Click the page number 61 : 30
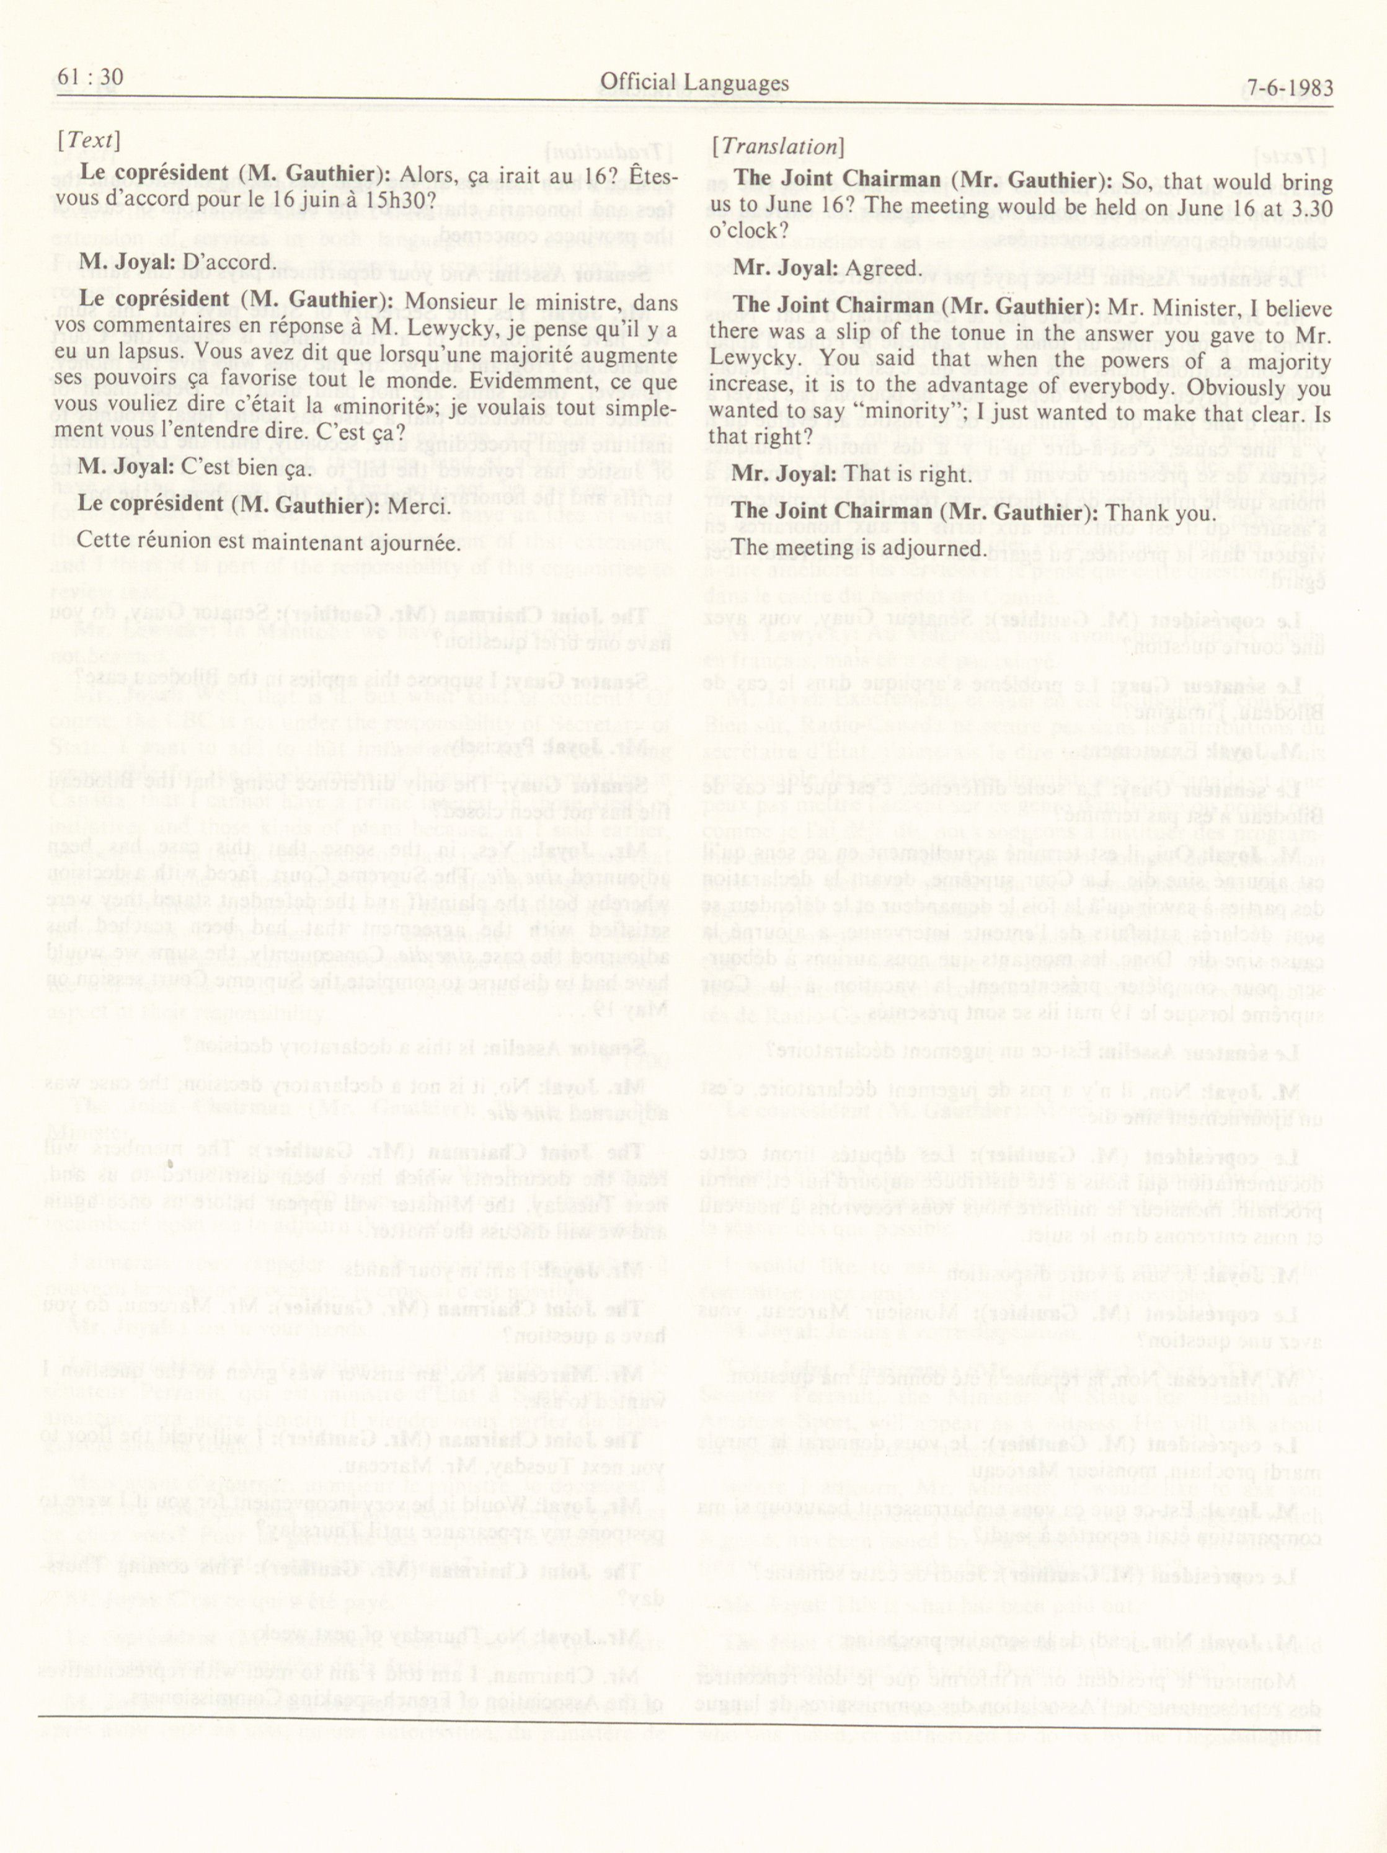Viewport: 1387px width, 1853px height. (91, 78)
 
